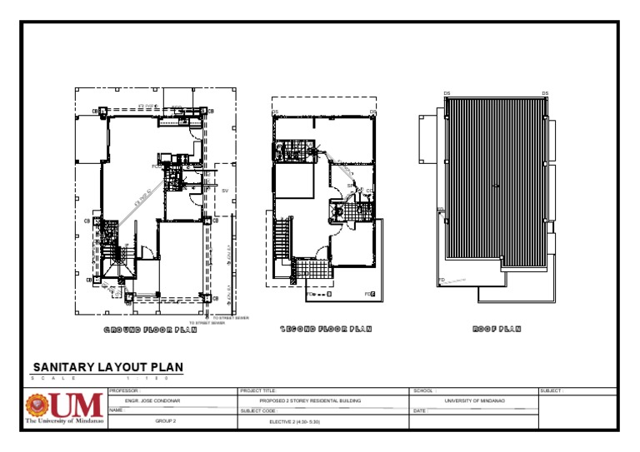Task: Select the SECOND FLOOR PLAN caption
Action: pyautogui.click(x=326, y=330)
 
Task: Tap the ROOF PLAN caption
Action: pyautogui.click(x=497, y=330)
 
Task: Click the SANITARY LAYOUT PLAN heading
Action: pyautogui.click(x=107, y=367)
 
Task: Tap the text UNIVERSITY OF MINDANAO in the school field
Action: pyautogui.click(x=474, y=400)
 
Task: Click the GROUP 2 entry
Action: pyautogui.click(x=166, y=422)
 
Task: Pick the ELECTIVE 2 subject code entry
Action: pyautogui.click(x=294, y=422)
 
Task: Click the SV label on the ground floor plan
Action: pyautogui.click(x=224, y=191)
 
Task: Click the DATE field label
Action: pyautogui.click(x=420, y=410)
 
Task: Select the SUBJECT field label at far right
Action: pyautogui.click(x=552, y=390)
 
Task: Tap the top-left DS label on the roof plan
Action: pyautogui.click(x=447, y=93)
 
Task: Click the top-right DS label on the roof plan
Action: pyautogui.click(x=545, y=93)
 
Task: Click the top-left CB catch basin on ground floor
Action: pyautogui.click(x=95, y=111)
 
